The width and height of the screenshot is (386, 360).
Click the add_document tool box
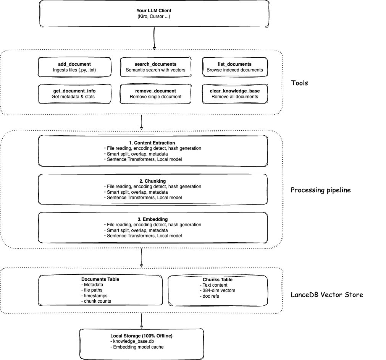pos(75,67)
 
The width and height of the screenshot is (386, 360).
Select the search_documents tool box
pos(156,67)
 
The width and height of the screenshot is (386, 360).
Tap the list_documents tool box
pos(234,67)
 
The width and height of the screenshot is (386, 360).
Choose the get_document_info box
pos(75,94)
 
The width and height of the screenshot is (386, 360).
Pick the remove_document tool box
pos(156,94)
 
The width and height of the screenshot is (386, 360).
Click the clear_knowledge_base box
pos(234,94)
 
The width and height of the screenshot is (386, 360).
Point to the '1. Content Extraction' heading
pos(152,143)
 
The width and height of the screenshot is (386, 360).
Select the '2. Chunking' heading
pos(152,181)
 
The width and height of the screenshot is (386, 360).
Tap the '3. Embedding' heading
pos(152,219)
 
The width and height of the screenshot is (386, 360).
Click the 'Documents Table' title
pos(100,279)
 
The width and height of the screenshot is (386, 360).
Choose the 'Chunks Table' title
pos(218,280)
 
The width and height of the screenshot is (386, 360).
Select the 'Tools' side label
pos(299,83)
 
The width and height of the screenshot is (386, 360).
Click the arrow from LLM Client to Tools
pos(154,38)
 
